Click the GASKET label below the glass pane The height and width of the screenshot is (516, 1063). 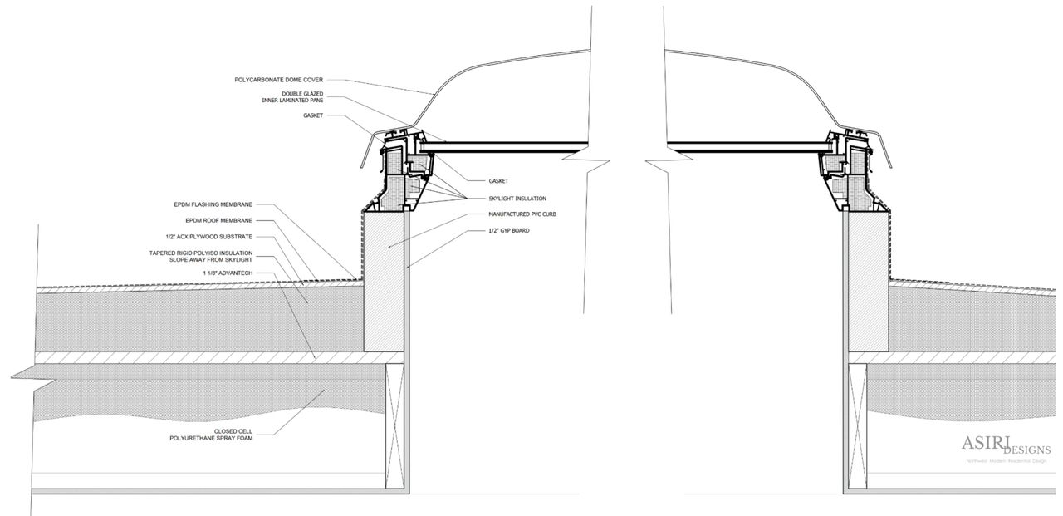click(x=499, y=180)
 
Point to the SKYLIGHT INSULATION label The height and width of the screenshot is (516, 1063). click(x=518, y=198)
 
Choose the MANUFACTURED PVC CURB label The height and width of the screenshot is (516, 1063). click(x=522, y=214)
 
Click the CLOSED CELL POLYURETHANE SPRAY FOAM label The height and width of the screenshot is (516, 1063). click(x=220, y=435)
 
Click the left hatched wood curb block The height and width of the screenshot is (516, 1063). click(x=385, y=283)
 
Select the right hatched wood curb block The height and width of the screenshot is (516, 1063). click(x=867, y=283)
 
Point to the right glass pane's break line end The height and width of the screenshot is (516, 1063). click(x=656, y=155)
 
